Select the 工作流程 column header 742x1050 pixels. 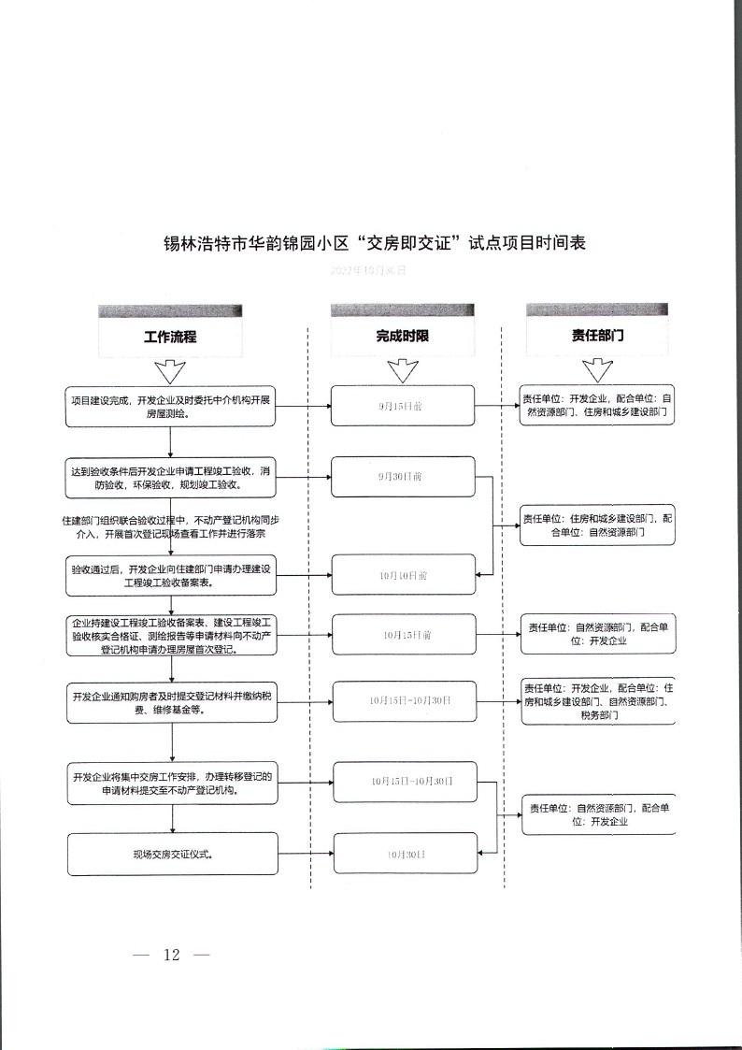(x=170, y=337)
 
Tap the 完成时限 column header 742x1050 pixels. (x=403, y=337)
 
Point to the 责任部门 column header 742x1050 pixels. (x=597, y=337)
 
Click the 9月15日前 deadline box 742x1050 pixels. (x=403, y=407)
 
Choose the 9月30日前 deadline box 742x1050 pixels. (x=403, y=476)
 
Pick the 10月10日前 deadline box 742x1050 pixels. (x=403, y=575)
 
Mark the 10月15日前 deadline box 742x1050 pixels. (x=403, y=634)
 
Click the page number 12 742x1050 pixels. (x=171, y=955)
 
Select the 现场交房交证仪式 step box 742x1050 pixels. (x=172, y=854)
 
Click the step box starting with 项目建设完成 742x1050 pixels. (x=172, y=407)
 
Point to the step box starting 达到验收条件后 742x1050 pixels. (x=172, y=477)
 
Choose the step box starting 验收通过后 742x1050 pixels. (x=172, y=575)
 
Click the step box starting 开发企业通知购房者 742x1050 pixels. (x=172, y=702)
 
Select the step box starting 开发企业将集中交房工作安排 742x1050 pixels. (x=172, y=783)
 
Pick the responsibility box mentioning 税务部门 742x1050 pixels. (x=597, y=700)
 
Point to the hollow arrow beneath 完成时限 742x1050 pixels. (x=403, y=371)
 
